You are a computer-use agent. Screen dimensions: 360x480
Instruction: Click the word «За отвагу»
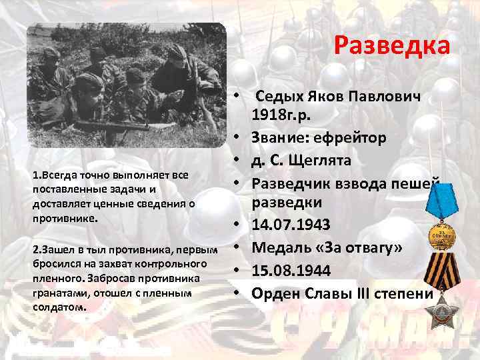357,247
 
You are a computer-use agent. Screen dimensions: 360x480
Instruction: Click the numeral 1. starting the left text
35,175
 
